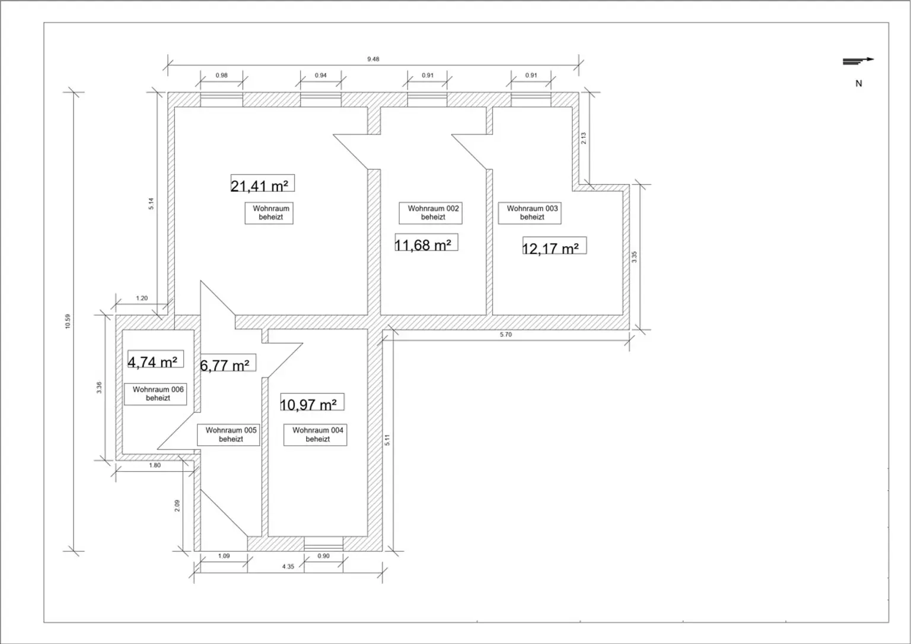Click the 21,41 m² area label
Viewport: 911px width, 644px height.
[x=262, y=185]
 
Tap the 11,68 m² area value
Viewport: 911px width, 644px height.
[x=425, y=243]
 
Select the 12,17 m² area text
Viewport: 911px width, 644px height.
[x=553, y=247]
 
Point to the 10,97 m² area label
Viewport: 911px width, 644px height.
[x=311, y=404]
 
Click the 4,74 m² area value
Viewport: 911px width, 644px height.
[x=155, y=360]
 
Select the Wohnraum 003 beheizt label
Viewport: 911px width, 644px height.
[x=531, y=212]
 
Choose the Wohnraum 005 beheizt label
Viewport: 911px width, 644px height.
[x=230, y=434]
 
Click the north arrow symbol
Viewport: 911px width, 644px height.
[x=858, y=60]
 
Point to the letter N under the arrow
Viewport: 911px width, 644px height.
[x=858, y=84]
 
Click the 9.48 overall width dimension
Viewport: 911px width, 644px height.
[x=373, y=59]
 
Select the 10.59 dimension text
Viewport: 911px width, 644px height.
[x=68, y=322]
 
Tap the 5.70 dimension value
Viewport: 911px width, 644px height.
[x=505, y=335]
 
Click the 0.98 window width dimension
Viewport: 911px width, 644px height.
[x=221, y=75]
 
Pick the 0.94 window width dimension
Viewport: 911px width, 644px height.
[x=320, y=75]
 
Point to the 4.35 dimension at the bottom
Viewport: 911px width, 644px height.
[x=288, y=567]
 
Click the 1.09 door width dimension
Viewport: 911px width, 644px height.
[x=224, y=556]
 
